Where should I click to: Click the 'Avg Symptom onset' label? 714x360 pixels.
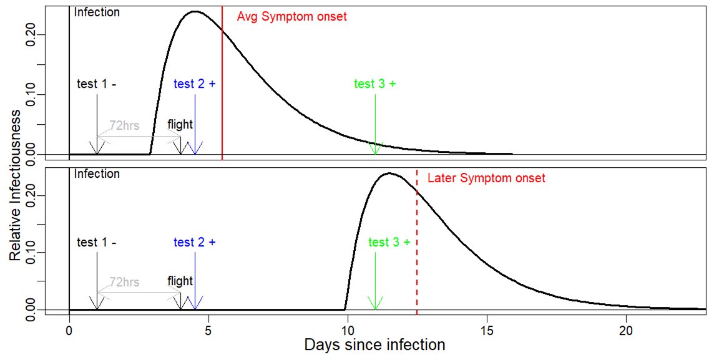click(291, 17)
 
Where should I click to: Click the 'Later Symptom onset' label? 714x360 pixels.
click(486, 178)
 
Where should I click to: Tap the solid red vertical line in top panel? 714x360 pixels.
click(222, 94)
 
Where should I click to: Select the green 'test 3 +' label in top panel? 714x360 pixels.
click(374, 84)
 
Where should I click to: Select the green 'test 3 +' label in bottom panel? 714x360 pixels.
click(389, 242)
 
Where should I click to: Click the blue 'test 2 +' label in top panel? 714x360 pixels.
click(195, 84)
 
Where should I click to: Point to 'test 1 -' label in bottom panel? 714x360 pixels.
click(97, 242)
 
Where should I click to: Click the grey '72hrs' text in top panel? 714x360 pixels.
click(124, 124)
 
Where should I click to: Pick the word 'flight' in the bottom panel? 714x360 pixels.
click(180, 281)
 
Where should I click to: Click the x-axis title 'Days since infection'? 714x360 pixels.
click(374, 345)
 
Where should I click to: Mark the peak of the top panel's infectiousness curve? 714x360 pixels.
click(195, 11)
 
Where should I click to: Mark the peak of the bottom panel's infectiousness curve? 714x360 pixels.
click(389, 173)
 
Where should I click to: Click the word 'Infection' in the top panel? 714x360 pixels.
click(97, 12)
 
